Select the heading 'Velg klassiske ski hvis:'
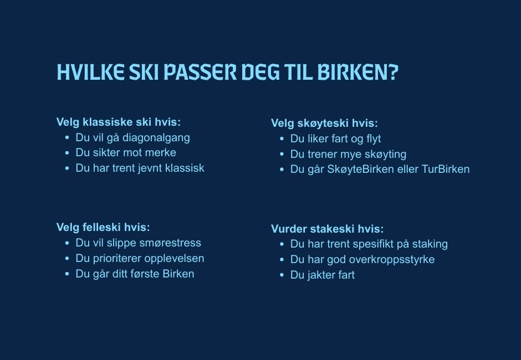pyautogui.click(x=119, y=122)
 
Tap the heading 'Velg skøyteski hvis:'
pyautogui.click(x=324, y=124)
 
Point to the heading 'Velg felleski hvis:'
pyautogui.click(x=103, y=227)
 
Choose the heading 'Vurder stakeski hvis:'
pyautogui.click(x=327, y=229)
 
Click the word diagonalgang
pyautogui.click(x=156, y=137)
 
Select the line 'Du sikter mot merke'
pyautogui.click(x=126, y=152)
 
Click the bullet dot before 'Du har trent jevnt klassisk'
pyautogui.click(x=67, y=168)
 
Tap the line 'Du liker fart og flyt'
pyautogui.click(x=335, y=138)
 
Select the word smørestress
pyautogui.click(x=170, y=243)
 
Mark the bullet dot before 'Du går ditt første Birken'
pyautogui.click(x=67, y=274)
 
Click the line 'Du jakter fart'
pyautogui.click(x=323, y=275)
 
